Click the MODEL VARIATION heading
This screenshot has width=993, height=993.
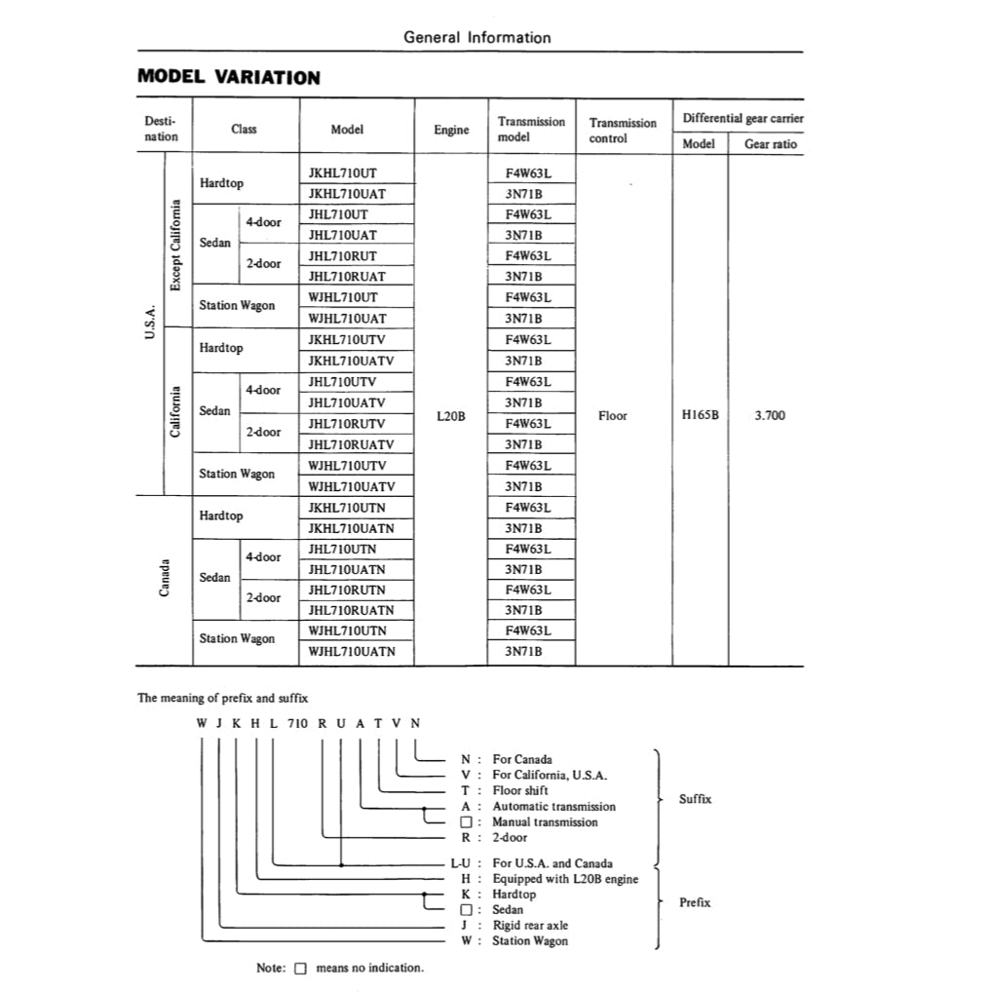point(229,77)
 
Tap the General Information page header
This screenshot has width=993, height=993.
point(477,38)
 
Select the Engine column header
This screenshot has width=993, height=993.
point(451,130)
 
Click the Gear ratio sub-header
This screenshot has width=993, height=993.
point(771,144)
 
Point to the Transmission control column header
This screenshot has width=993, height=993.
point(623,131)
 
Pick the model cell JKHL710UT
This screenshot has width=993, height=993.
point(342,172)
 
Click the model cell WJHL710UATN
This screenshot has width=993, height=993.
point(352,651)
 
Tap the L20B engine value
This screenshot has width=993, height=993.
point(451,416)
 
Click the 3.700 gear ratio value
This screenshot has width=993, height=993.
point(770,416)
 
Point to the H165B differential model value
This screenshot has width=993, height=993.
point(700,416)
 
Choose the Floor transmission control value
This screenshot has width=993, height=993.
point(613,416)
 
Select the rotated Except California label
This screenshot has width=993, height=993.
point(176,245)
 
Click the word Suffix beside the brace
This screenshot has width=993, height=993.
point(695,799)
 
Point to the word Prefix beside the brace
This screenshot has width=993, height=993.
point(695,902)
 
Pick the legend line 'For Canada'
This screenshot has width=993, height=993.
point(521,759)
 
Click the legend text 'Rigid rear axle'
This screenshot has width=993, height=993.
point(529,925)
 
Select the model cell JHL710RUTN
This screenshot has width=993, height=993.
point(347,590)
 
